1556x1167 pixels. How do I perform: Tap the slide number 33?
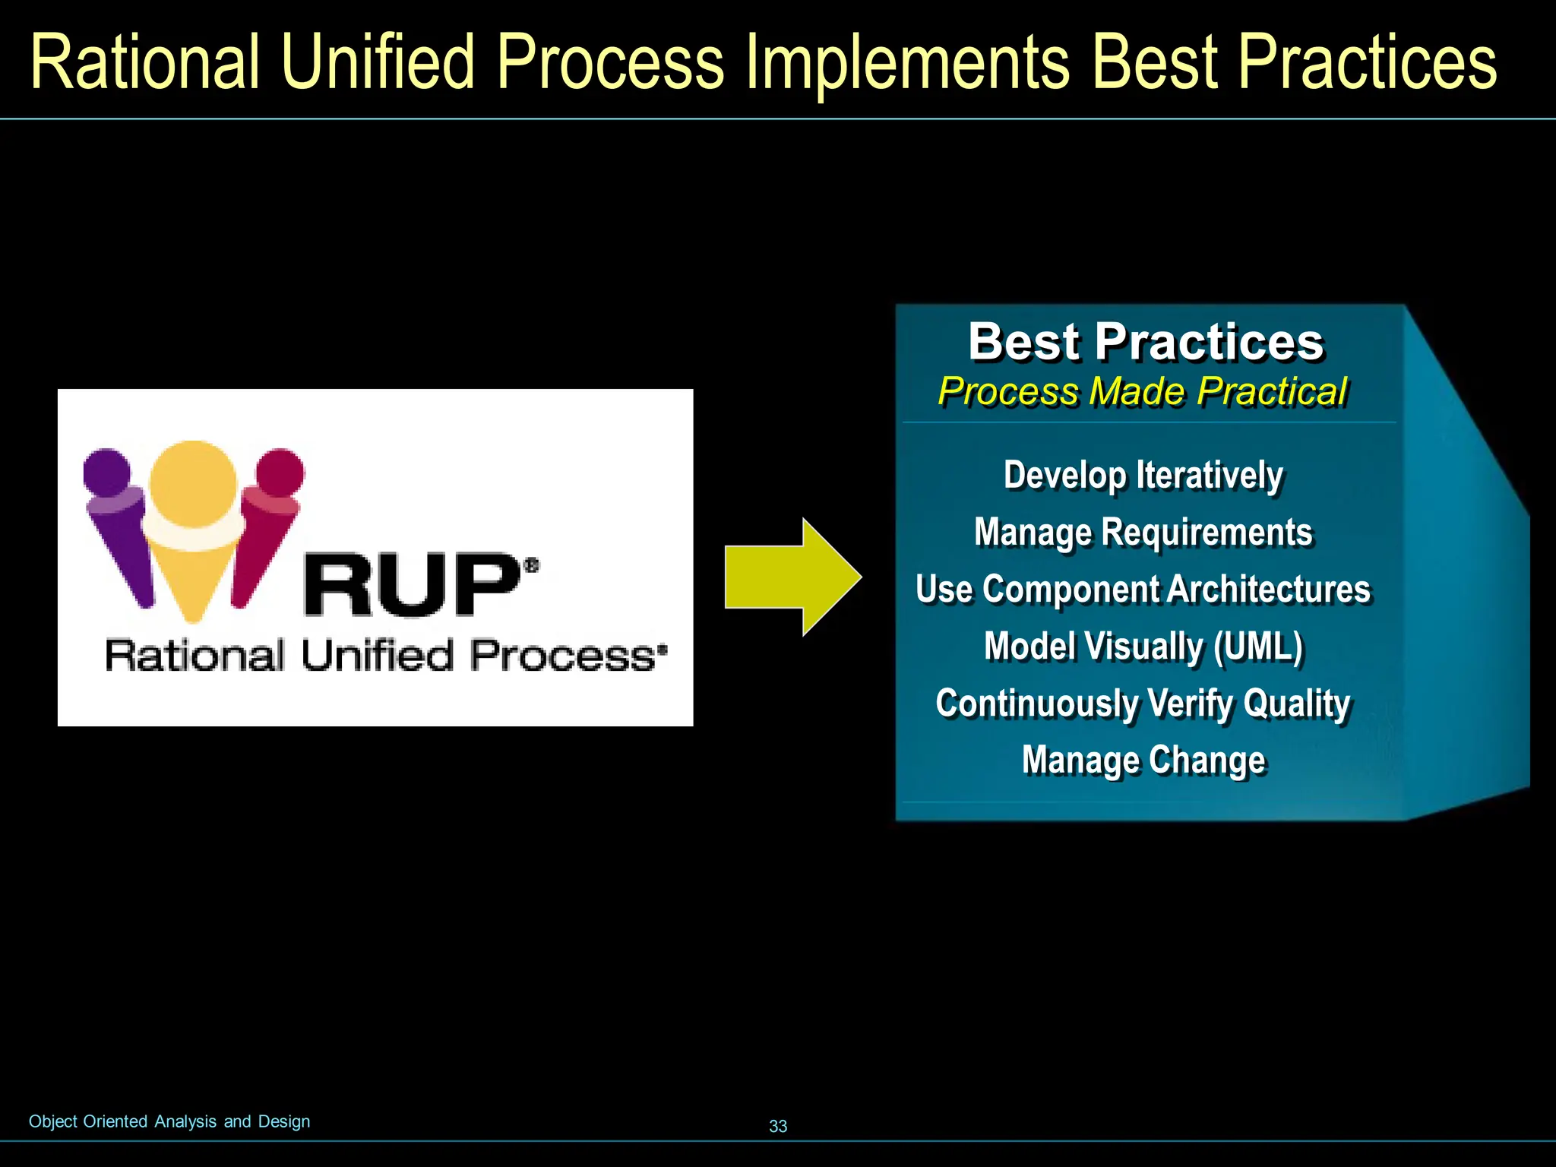coord(778,1126)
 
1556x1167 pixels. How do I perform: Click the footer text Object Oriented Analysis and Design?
coord(169,1121)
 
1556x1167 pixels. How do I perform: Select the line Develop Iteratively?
coord(1143,476)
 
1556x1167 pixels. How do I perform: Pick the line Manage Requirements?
coord(1143,533)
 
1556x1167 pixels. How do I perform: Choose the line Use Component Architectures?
coord(1143,590)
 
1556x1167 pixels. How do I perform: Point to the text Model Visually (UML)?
coord(1143,647)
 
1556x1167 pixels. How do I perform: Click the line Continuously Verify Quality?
coord(1143,704)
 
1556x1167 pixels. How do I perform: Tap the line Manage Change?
coord(1143,761)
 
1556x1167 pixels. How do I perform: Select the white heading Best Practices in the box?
coord(1146,342)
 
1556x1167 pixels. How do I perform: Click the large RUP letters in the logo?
coord(410,585)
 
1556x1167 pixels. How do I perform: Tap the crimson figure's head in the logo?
coord(280,472)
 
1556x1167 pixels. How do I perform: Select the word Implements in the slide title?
coord(908,62)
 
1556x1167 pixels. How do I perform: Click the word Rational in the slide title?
coord(146,62)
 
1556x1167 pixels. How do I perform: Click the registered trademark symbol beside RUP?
coord(532,565)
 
